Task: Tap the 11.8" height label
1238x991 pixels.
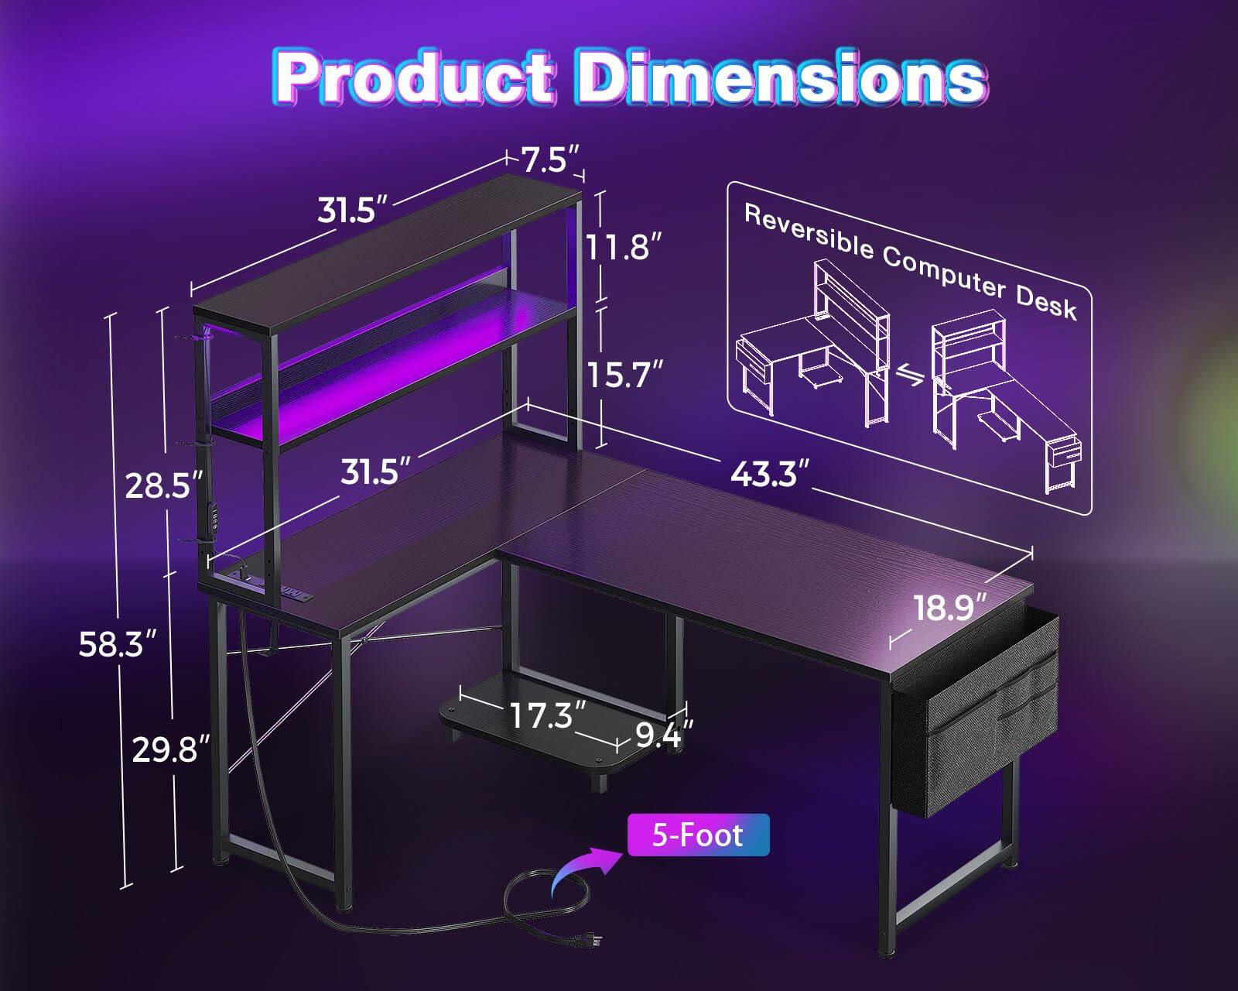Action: (624, 248)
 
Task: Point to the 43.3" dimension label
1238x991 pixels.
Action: (770, 473)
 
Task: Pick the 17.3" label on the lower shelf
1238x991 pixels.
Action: (546, 715)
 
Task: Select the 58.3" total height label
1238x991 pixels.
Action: (111, 644)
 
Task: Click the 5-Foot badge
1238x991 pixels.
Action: (698, 835)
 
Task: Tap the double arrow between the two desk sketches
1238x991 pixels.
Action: (911, 377)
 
